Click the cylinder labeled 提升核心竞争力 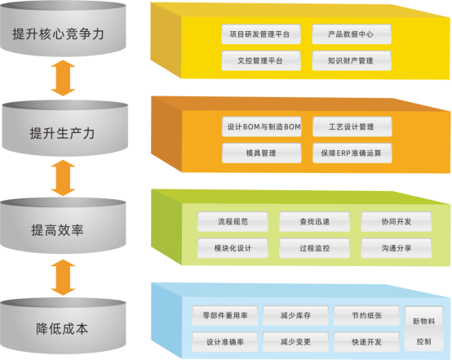[63, 34]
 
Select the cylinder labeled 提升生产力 [63, 131]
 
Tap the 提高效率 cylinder [63, 229]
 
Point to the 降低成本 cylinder [63, 328]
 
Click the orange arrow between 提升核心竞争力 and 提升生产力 [63, 80]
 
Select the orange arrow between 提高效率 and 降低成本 [63, 278]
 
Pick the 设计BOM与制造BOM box [261, 127]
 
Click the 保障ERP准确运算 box [352, 153]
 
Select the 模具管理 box [261, 153]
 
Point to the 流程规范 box [233, 221]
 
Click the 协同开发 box [397, 221]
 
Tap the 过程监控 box [315, 246]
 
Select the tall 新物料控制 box [423, 329]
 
